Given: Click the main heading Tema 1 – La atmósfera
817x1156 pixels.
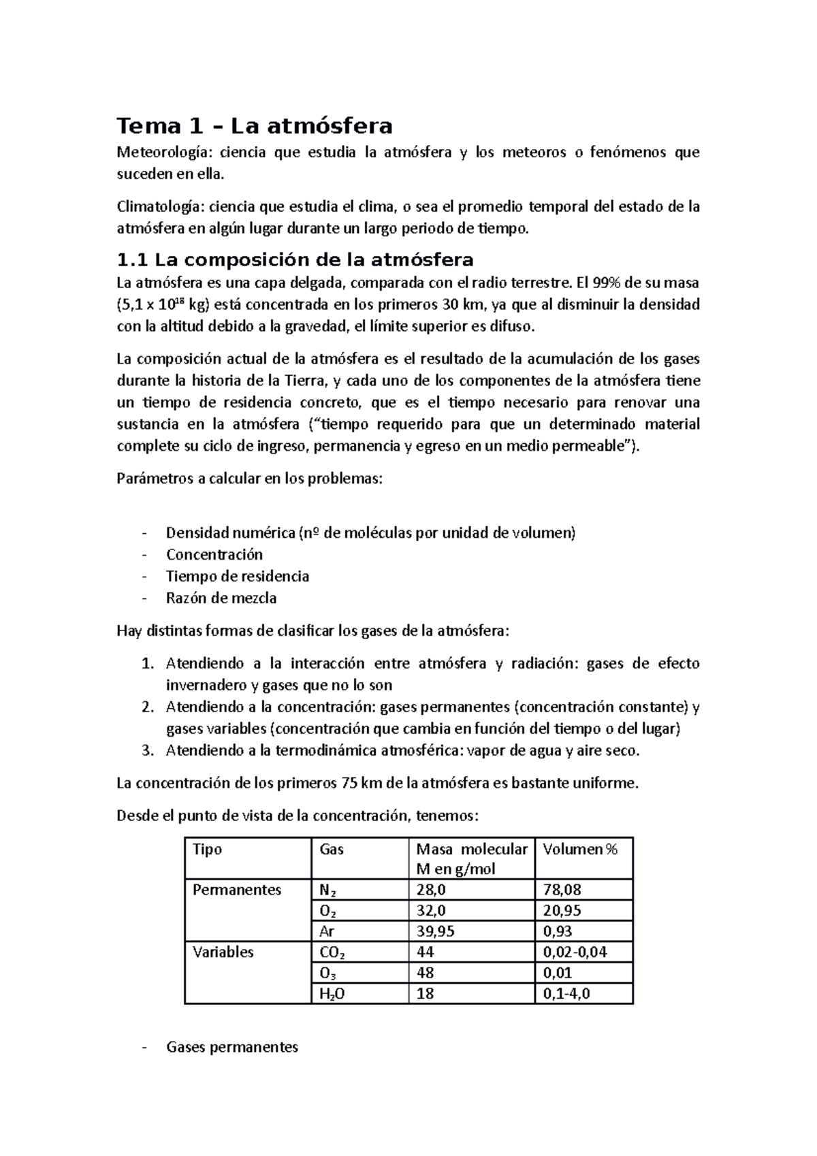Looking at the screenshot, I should click(x=255, y=127).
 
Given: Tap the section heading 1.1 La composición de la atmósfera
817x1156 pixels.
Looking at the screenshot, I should click(x=295, y=260).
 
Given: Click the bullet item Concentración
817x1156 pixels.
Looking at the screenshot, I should click(x=214, y=554).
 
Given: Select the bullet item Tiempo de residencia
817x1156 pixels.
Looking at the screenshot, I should click(x=238, y=576).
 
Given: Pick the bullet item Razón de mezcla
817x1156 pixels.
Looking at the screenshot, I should click(x=221, y=598).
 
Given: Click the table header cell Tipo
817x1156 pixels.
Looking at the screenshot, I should click(x=208, y=849).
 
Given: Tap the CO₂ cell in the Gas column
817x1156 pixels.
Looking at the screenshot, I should click(x=333, y=952).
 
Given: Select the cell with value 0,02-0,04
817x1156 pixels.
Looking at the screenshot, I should click(x=575, y=952).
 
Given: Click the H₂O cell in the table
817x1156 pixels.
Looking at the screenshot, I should click(x=332, y=993).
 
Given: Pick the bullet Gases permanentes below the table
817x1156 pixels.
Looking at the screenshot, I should click(x=232, y=1047).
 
